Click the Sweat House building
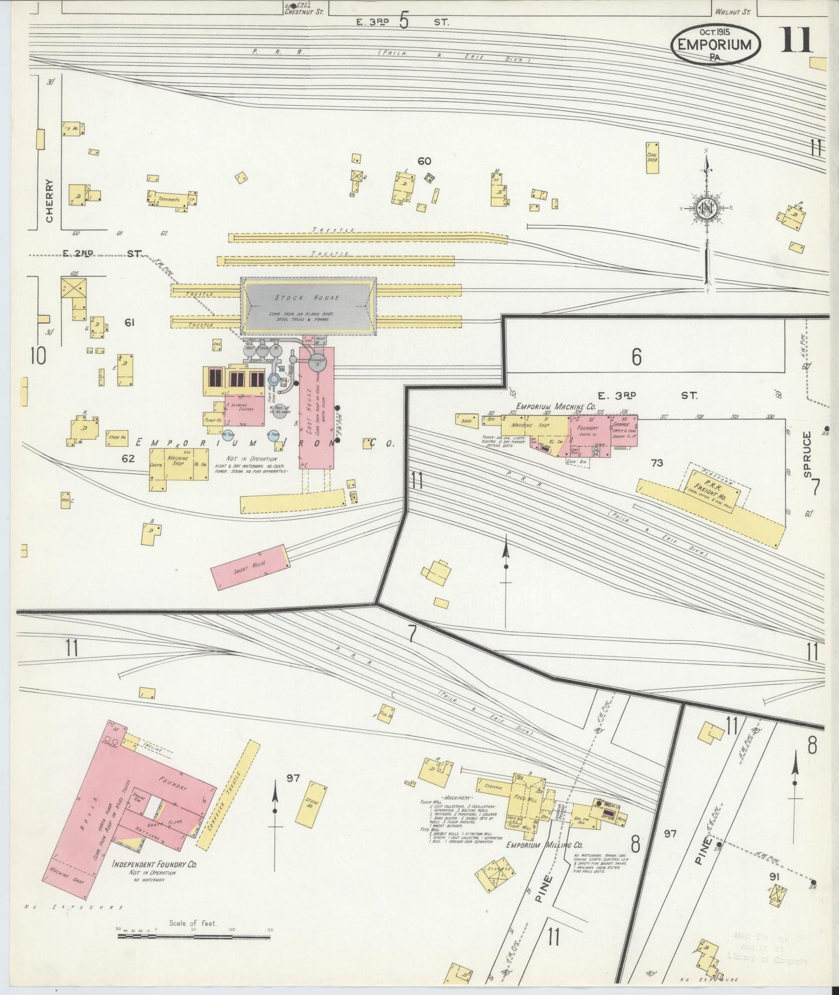[250, 567]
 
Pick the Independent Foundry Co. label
[154, 864]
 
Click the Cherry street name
[49, 200]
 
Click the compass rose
[707, 210]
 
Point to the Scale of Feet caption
[192, 923]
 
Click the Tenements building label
[168, 200]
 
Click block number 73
[657, 463]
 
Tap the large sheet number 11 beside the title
[796, 40]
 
